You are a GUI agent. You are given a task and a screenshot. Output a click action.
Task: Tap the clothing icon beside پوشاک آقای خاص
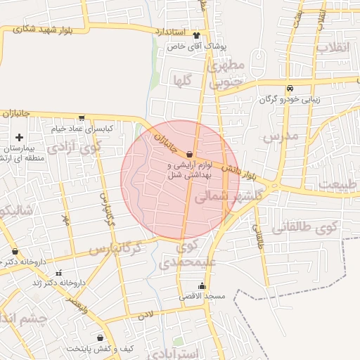tap(196, 36)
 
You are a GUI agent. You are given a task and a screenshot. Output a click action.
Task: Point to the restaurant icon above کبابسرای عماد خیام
tap(82, 118)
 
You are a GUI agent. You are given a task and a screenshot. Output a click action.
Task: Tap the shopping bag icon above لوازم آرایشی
tap(190, 154)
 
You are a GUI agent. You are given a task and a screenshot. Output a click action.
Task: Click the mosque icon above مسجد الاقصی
tap(202, 285)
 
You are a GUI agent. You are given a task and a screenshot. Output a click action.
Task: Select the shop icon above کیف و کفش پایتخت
tap(101, 338)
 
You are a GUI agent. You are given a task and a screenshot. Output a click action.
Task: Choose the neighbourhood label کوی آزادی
tap(74, 148)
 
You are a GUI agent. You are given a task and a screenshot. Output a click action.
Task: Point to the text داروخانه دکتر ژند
tap(59, 283)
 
